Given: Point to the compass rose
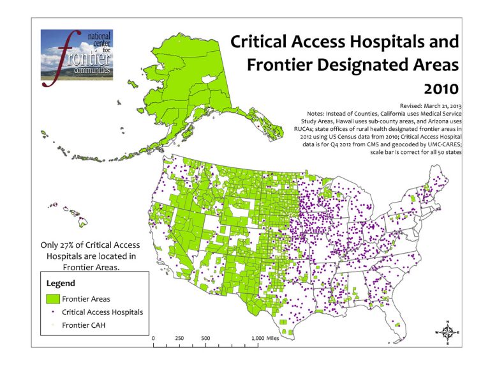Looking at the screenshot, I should [449, 332].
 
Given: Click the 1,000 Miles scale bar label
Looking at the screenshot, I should [264, 337].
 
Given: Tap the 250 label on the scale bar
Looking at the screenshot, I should [180, 337].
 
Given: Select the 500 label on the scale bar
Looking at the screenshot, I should [205, 337].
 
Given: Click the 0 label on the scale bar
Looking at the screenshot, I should [154, 337].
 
